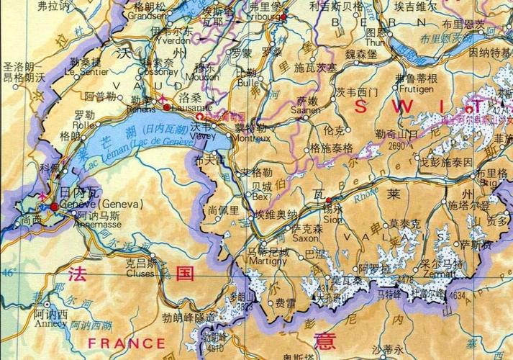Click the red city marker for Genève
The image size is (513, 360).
pyautogui.click(x=53, y=207)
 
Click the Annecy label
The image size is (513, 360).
pyautogui.click(x=50, y=323)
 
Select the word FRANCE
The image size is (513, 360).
pyautogui.click(x=116, y=343)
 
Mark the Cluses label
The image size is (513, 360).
pyautogui.click(x=141, y=273)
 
